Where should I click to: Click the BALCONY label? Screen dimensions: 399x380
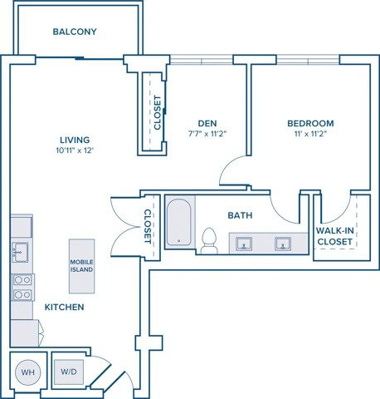(x=75, y=32)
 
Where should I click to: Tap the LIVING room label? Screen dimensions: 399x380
(x=75, y=140)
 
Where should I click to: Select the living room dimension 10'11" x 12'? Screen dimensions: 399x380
(x=75, y=150)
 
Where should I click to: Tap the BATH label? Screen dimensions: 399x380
(x=240, y=215)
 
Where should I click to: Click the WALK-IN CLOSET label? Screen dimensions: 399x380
(x=334, y=236)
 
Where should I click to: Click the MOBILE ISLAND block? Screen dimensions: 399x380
(x=81, y=266)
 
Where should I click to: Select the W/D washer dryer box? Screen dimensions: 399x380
(x=68, y=371)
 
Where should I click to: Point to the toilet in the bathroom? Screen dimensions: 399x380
(x=209, y=240)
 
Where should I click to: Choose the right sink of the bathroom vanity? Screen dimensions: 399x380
(x=284, y=244)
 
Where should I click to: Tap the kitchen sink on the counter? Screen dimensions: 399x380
(x=21, y=250)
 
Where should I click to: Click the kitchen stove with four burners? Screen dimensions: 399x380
(x=22, y=287)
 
